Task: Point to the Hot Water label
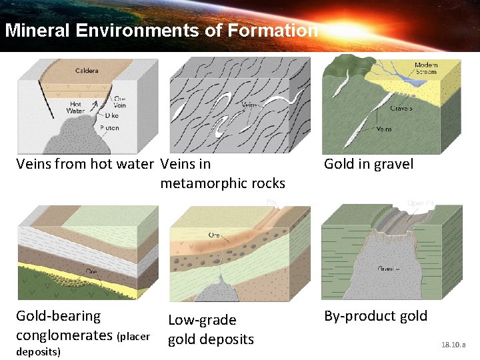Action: click(75, 107)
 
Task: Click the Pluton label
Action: click(110, 127)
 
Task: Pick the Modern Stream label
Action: click(426, 69)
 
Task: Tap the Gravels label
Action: click(401, 108)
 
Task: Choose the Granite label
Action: click(389, 269)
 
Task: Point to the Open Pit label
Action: click(421, 202)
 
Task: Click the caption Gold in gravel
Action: click(369, 164)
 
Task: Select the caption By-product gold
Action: click(375, 316)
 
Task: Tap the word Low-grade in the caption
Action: click(202, 320)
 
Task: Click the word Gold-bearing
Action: click(58, 316)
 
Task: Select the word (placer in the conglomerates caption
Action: click(133, 336)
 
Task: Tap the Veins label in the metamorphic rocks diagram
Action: click(249, 105)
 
